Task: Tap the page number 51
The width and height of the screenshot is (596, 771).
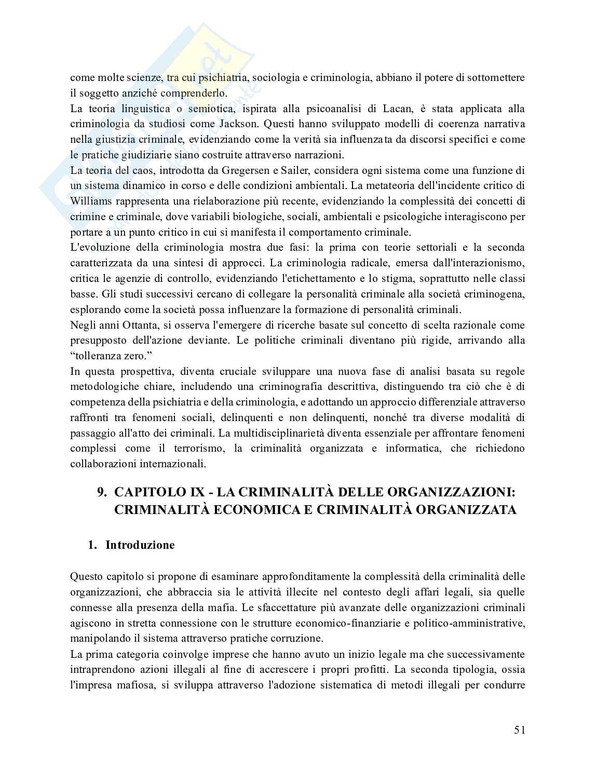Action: click(x=520, y=730)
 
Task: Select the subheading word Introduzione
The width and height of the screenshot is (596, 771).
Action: click(x=140, y=545)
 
